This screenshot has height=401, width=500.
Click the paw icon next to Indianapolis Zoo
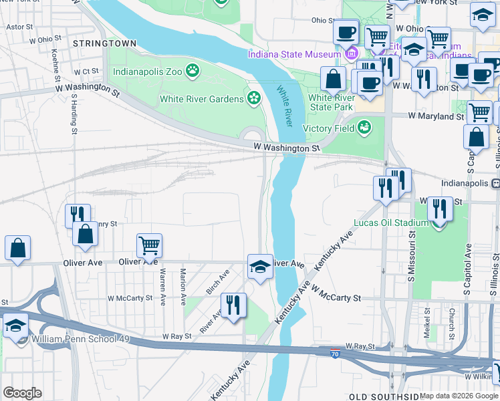click(x=193, y=70)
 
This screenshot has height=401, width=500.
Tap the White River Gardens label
click(x=201, y=99)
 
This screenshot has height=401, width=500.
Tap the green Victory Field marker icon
click(x=364, y=126)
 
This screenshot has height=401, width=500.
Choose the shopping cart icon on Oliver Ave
click(x=149, y=245)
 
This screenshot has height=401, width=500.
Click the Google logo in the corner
click(x=23, y=392)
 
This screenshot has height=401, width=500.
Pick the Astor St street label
click(x=19, y=27)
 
